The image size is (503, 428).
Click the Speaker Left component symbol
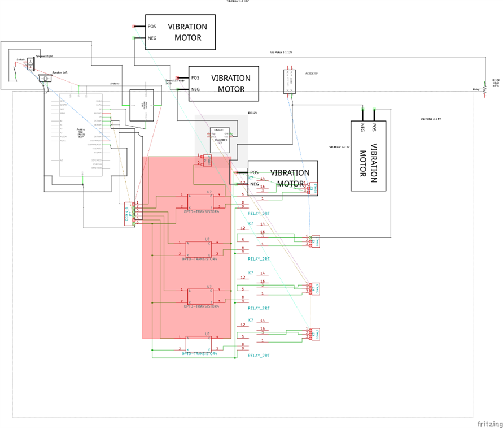click(45, 79)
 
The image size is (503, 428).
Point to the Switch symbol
click(16, 70)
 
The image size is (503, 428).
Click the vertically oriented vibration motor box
click(369, 149)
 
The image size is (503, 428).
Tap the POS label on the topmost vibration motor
click(152, 26)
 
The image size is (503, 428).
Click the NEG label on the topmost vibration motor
click(152, 38)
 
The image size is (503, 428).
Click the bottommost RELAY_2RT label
click(259, 356)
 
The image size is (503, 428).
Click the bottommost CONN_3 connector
click(314, 334)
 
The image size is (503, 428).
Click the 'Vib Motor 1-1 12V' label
click(281, 52)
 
